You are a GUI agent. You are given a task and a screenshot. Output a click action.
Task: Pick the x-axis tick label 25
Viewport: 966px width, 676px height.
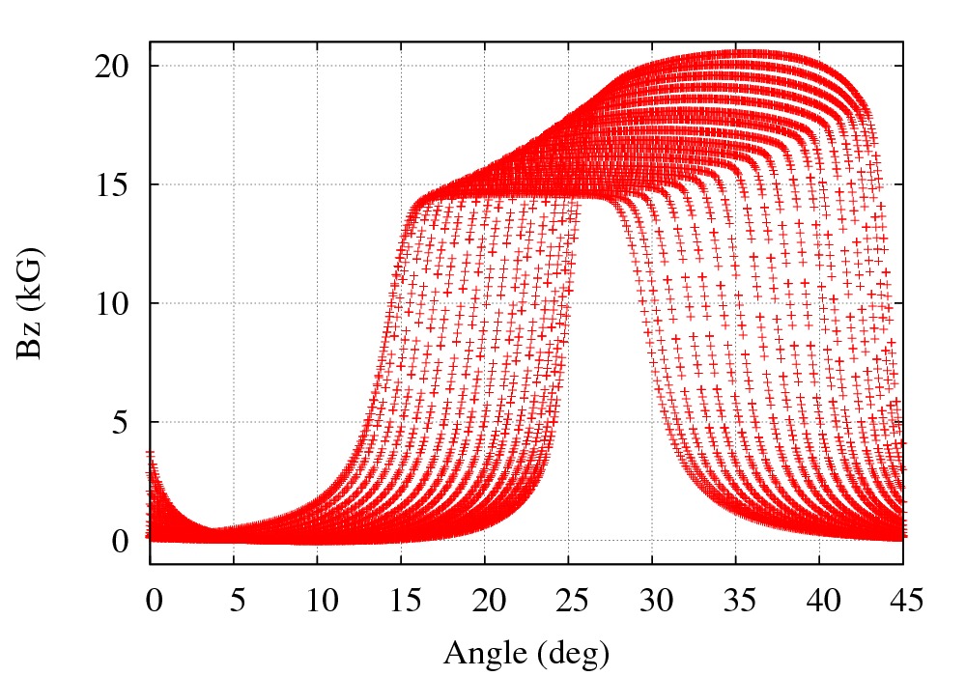point(569,601)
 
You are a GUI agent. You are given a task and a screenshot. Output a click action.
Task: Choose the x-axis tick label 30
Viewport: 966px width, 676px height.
point(652,601)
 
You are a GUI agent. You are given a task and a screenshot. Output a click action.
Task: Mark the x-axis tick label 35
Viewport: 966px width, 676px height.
point(736,601)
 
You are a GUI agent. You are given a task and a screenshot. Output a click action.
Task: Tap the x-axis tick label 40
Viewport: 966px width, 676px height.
point(819,601)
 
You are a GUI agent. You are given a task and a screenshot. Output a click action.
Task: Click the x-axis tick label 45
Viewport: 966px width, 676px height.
point(903,601)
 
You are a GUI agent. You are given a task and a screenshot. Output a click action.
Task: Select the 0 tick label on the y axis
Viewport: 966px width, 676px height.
point(120,541)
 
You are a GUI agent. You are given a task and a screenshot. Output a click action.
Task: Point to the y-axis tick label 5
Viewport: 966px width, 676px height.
point(120,422)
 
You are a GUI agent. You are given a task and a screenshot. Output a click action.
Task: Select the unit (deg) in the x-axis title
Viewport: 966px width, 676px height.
point(571,654)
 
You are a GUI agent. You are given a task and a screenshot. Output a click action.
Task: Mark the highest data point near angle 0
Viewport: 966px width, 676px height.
point(150,451)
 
